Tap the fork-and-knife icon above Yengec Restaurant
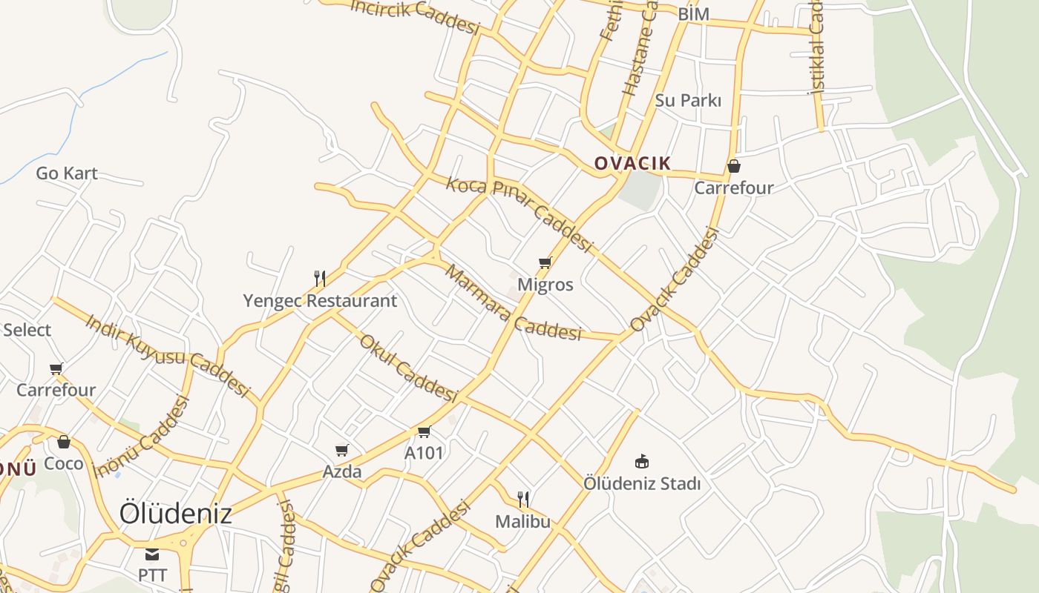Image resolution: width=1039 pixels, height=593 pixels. click(x=320, y=279)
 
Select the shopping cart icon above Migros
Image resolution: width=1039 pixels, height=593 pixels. click(x=545, y=262)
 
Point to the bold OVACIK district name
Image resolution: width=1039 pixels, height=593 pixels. click(x=633, y=164)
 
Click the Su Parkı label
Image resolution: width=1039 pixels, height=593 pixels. click(x=688, y=100)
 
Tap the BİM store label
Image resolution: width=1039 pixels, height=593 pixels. click(x=694, y=14)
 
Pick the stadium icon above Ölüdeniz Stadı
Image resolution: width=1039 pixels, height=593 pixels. click(x=642, y=462)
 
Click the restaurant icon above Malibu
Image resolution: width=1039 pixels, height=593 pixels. click(x=523, y=499)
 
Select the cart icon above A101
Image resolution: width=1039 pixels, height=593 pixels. click(x=424, y=431)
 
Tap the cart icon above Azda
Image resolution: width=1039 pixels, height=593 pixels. click(x=342, y=450)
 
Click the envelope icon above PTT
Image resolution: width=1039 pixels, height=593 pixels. click(x=152, y=554)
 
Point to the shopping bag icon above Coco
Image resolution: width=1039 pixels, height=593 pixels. click(x=64, y=442)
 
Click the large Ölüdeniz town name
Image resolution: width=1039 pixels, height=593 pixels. click(x=176, y=513)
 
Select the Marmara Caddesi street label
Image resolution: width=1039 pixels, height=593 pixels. click(x=512, y=303)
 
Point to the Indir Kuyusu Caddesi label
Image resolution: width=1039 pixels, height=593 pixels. click(x=166, y=354)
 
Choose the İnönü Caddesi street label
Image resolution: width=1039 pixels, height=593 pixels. click(x=142, y=438)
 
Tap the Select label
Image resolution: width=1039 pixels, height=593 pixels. click(x=27, y=330)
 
